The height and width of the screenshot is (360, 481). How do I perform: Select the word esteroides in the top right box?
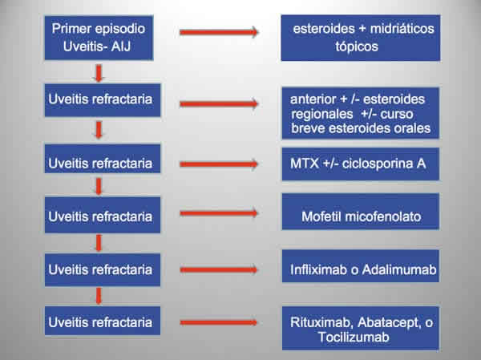click(320, 29)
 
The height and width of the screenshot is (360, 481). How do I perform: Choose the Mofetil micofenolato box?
click(362, 216)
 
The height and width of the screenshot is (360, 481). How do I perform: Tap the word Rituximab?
click(317, 323)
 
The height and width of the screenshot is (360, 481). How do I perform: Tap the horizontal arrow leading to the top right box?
click(217, 32)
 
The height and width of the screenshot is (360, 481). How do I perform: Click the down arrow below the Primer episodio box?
click(99, 74)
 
